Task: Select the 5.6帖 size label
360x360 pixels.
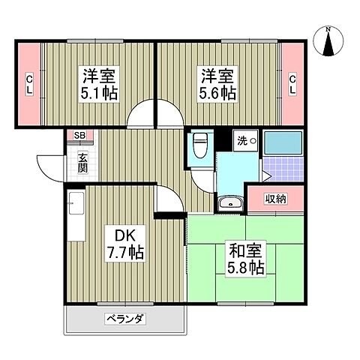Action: tap(217, 93)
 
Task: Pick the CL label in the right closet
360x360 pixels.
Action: tap(292, 82)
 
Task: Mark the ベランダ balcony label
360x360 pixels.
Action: tap(124, 318)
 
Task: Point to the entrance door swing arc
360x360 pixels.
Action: tap(49, 165)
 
